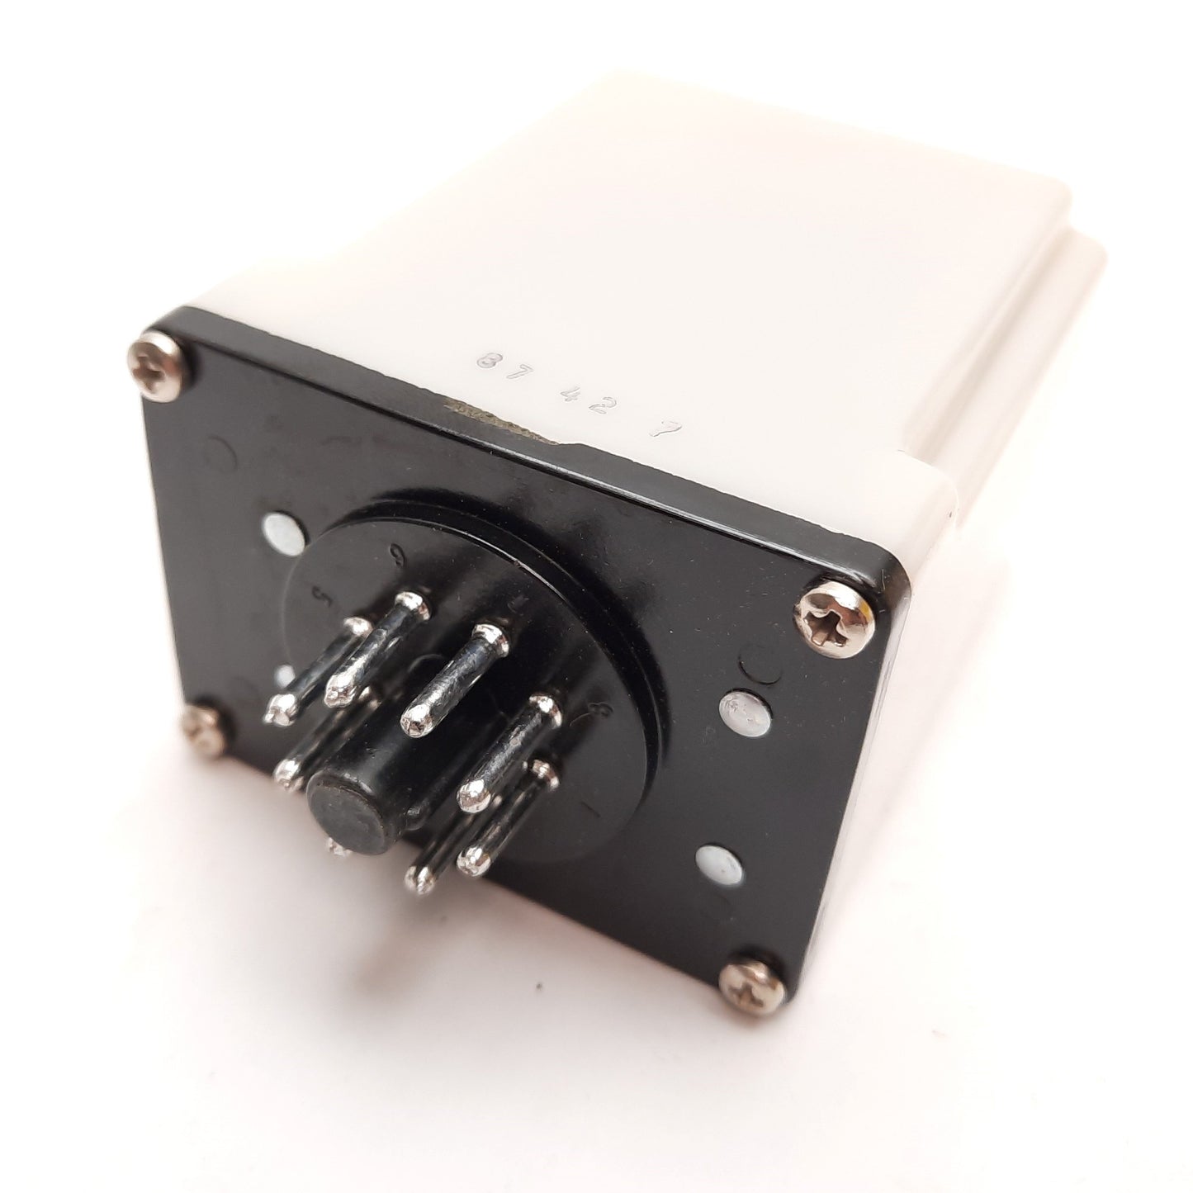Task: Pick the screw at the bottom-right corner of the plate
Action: [x=747, y=982]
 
